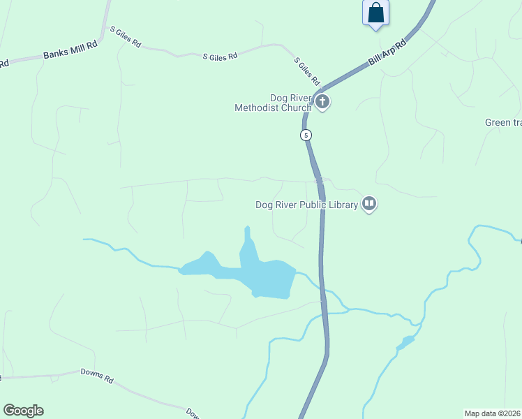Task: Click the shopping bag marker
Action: click(x=375, y=13)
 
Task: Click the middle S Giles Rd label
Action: click(x=220, y=55)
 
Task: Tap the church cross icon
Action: click(x=322, y=103)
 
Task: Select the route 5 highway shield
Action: click(x=306, y=135)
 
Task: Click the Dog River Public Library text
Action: click(x=306, y=205)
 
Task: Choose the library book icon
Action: click(x=369, y=204)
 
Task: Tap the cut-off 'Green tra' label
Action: click(x=503, y=123)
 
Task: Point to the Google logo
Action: click(x=23, y=411)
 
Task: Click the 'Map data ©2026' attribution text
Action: click(x=492, y=413)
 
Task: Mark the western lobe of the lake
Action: click(x=201, y=265)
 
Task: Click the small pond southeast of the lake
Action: click(x=405, y=342)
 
